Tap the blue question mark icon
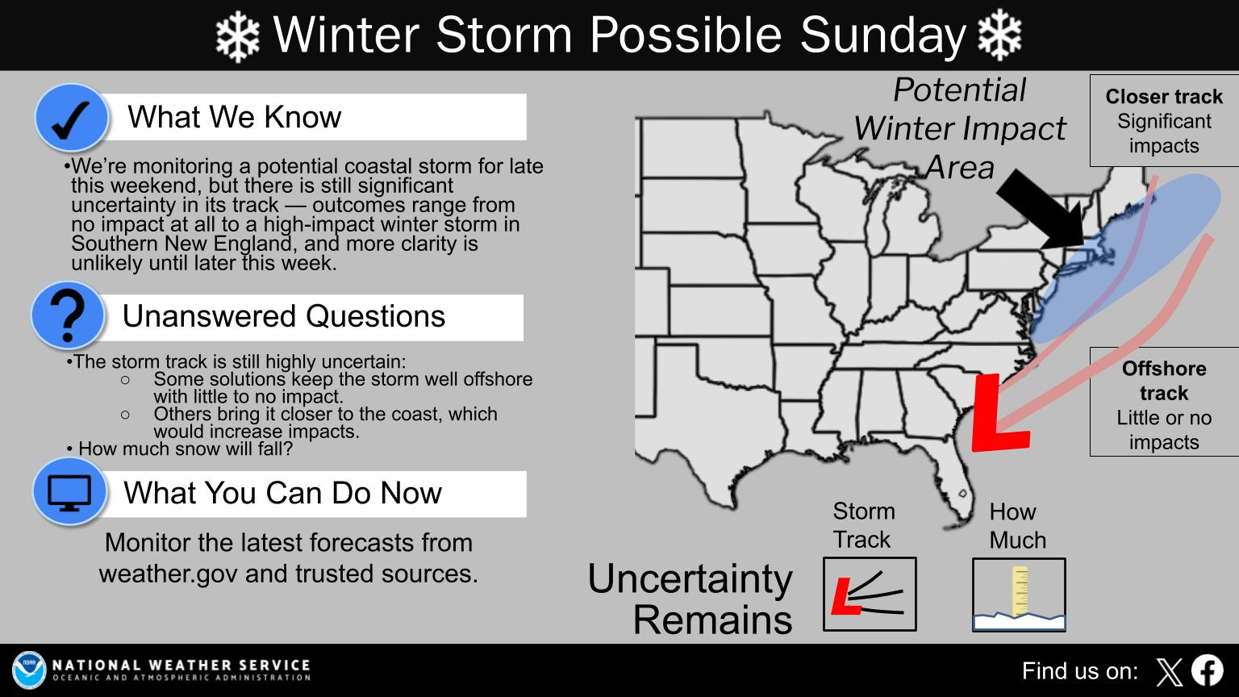click(68, 315)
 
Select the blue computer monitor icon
click(70, 491)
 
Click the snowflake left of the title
click(237, 35)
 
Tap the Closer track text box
click(1163, 121)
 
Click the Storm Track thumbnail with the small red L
click(869, 594)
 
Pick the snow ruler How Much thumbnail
click(1018, 595)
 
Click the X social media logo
click(1169, 671)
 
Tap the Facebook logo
click(1207, 670)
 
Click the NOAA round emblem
click(29, 670)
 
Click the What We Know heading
click(234, 118)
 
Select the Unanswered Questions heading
click(283, 316)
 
